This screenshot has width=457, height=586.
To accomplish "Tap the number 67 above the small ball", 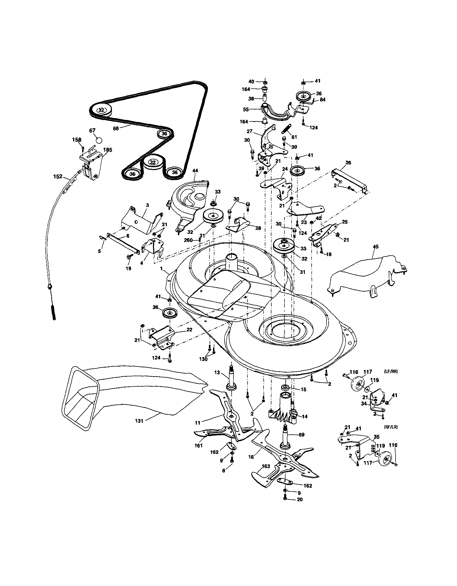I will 92,130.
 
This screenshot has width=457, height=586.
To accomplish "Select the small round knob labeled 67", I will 99,140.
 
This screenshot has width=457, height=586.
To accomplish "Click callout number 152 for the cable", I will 58,176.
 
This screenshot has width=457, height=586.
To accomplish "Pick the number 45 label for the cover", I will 376,247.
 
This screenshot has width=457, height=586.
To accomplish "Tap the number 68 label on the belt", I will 116,128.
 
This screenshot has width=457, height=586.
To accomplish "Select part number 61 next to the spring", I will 294,137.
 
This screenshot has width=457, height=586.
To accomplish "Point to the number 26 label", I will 348,163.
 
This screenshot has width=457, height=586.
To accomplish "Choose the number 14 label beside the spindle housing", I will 304,416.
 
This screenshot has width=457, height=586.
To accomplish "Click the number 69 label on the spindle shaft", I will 302,435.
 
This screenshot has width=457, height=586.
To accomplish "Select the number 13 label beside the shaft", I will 217,372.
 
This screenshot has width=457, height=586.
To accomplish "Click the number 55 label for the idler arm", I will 246,109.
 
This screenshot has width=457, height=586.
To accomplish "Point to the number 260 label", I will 188,240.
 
